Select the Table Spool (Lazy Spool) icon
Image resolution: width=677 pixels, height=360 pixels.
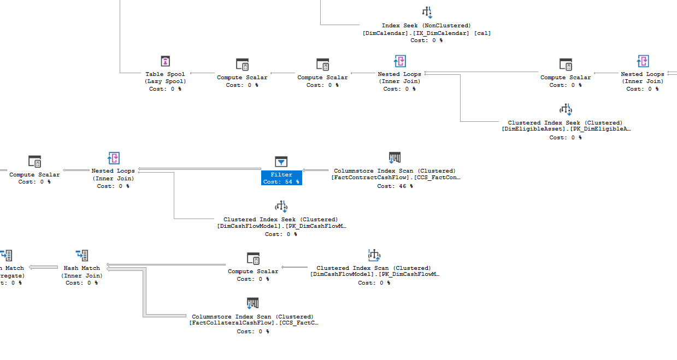tap(166, 61)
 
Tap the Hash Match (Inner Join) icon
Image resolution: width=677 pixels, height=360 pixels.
tap(82, 255)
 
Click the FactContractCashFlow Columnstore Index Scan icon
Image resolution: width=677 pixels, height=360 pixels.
tap(395, 158)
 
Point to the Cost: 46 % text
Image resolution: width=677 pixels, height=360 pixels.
tap(395, 186)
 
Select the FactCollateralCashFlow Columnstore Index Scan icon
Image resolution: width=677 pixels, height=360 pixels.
tap(252, 303)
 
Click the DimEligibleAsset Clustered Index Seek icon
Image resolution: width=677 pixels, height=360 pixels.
tap(566, 109)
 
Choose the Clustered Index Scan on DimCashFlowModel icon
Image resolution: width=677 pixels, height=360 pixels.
tap(374, 255)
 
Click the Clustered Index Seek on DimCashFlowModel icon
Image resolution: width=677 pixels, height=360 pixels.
tap(281, 206)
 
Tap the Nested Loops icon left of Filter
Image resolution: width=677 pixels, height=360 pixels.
tap(113, 158)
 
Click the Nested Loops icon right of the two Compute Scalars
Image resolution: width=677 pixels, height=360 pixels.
tap(399, 61)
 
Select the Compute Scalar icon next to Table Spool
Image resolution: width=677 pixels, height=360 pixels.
tap(242, 64)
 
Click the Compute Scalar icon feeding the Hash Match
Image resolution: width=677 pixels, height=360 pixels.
tap(253, 258)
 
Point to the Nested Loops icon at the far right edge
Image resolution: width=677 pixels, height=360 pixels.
tap(643, 61)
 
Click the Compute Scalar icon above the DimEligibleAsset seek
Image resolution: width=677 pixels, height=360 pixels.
tap(566, 64)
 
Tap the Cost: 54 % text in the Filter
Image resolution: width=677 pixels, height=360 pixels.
tap(281, 181)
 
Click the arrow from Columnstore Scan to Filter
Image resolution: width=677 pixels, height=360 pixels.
tap(316, 170)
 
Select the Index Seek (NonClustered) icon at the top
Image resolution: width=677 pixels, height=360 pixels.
tap(427, 12)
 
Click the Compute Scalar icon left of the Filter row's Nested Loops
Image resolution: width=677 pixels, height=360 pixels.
tap(34, 161)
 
